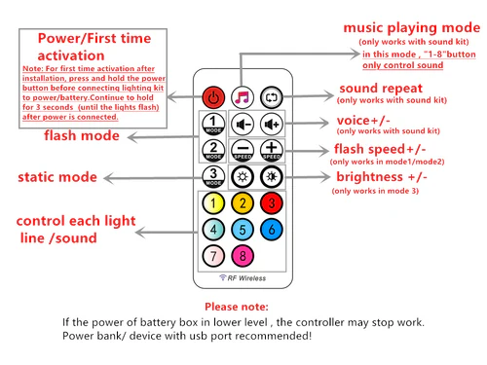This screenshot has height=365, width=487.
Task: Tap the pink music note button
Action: [243, 97]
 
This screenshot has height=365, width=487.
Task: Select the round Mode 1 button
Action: [214, 125]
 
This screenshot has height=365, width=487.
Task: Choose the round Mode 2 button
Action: [214, 151]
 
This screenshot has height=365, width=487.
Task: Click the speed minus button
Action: [243, 151]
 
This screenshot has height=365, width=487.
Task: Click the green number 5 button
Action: [243, 231]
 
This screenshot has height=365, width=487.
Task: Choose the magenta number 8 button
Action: [243, 257]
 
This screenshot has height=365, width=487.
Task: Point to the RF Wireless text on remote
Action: [243, 278]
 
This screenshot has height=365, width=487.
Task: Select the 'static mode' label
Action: [57, 177]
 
